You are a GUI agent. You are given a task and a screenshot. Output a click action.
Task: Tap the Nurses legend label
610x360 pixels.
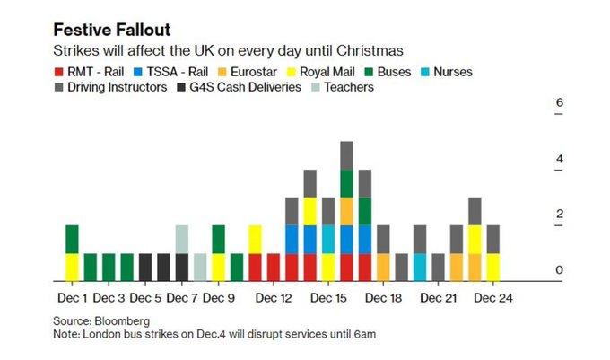tap(449, 71)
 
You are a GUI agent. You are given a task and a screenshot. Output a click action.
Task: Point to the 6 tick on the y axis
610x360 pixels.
tap(559, 103)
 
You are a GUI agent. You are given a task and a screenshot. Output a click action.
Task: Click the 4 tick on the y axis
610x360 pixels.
tap(559, 159)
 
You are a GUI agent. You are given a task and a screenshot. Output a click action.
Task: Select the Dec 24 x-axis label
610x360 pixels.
tap(492, 297)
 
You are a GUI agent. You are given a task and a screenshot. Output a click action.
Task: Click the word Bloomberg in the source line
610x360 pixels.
tap(124, 320)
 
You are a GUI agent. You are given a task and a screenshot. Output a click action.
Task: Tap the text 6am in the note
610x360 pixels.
tap(362, 333)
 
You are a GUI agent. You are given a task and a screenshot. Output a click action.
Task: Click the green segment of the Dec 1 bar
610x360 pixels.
tap(73, 239)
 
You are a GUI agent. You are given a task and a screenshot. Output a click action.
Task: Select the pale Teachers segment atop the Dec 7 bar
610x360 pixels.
tap(182, 239)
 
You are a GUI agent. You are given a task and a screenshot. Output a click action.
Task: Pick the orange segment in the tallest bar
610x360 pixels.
tap(346, 211)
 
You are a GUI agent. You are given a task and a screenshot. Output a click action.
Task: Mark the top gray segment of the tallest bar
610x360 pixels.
tap(346, 155)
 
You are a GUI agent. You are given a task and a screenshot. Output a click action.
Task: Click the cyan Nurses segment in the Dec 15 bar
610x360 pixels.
tap(328, 239)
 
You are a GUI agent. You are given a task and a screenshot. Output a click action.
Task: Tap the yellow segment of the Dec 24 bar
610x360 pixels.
tap(492, 267)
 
